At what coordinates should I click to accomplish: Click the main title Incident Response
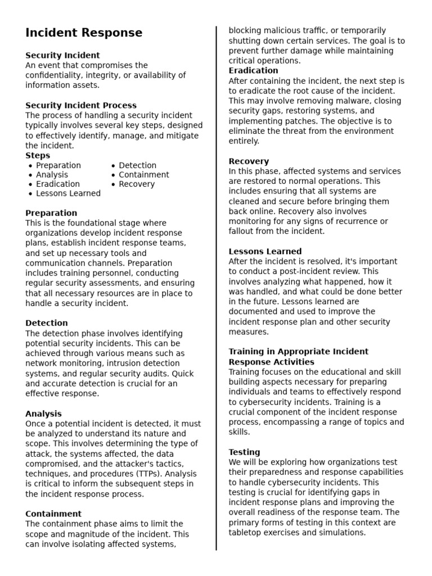[x=84, y=33]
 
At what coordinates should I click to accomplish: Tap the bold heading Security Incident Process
[x=81, y=105]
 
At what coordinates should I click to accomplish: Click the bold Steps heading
[x=38, y=155]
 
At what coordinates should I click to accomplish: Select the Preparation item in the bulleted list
[x=58, y=165]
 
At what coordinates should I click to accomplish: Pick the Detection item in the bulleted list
[x=138, y=165]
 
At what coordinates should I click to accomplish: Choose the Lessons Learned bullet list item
[x=68, y=193]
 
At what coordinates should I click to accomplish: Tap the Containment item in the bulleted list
[x=144, y=175]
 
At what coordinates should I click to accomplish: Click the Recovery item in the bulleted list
[x=137, y=184]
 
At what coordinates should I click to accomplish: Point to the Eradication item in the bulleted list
[x=58, y=184]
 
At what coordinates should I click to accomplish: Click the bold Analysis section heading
[x=43, y=413]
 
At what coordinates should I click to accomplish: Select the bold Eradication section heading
[x=253, y=70]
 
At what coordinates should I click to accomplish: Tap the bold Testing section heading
[x=244, y=452]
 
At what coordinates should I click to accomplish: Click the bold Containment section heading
[x=53, y=514]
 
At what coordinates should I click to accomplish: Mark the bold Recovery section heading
[x=249, y=161]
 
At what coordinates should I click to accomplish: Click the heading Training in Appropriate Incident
[x=298, y=352]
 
